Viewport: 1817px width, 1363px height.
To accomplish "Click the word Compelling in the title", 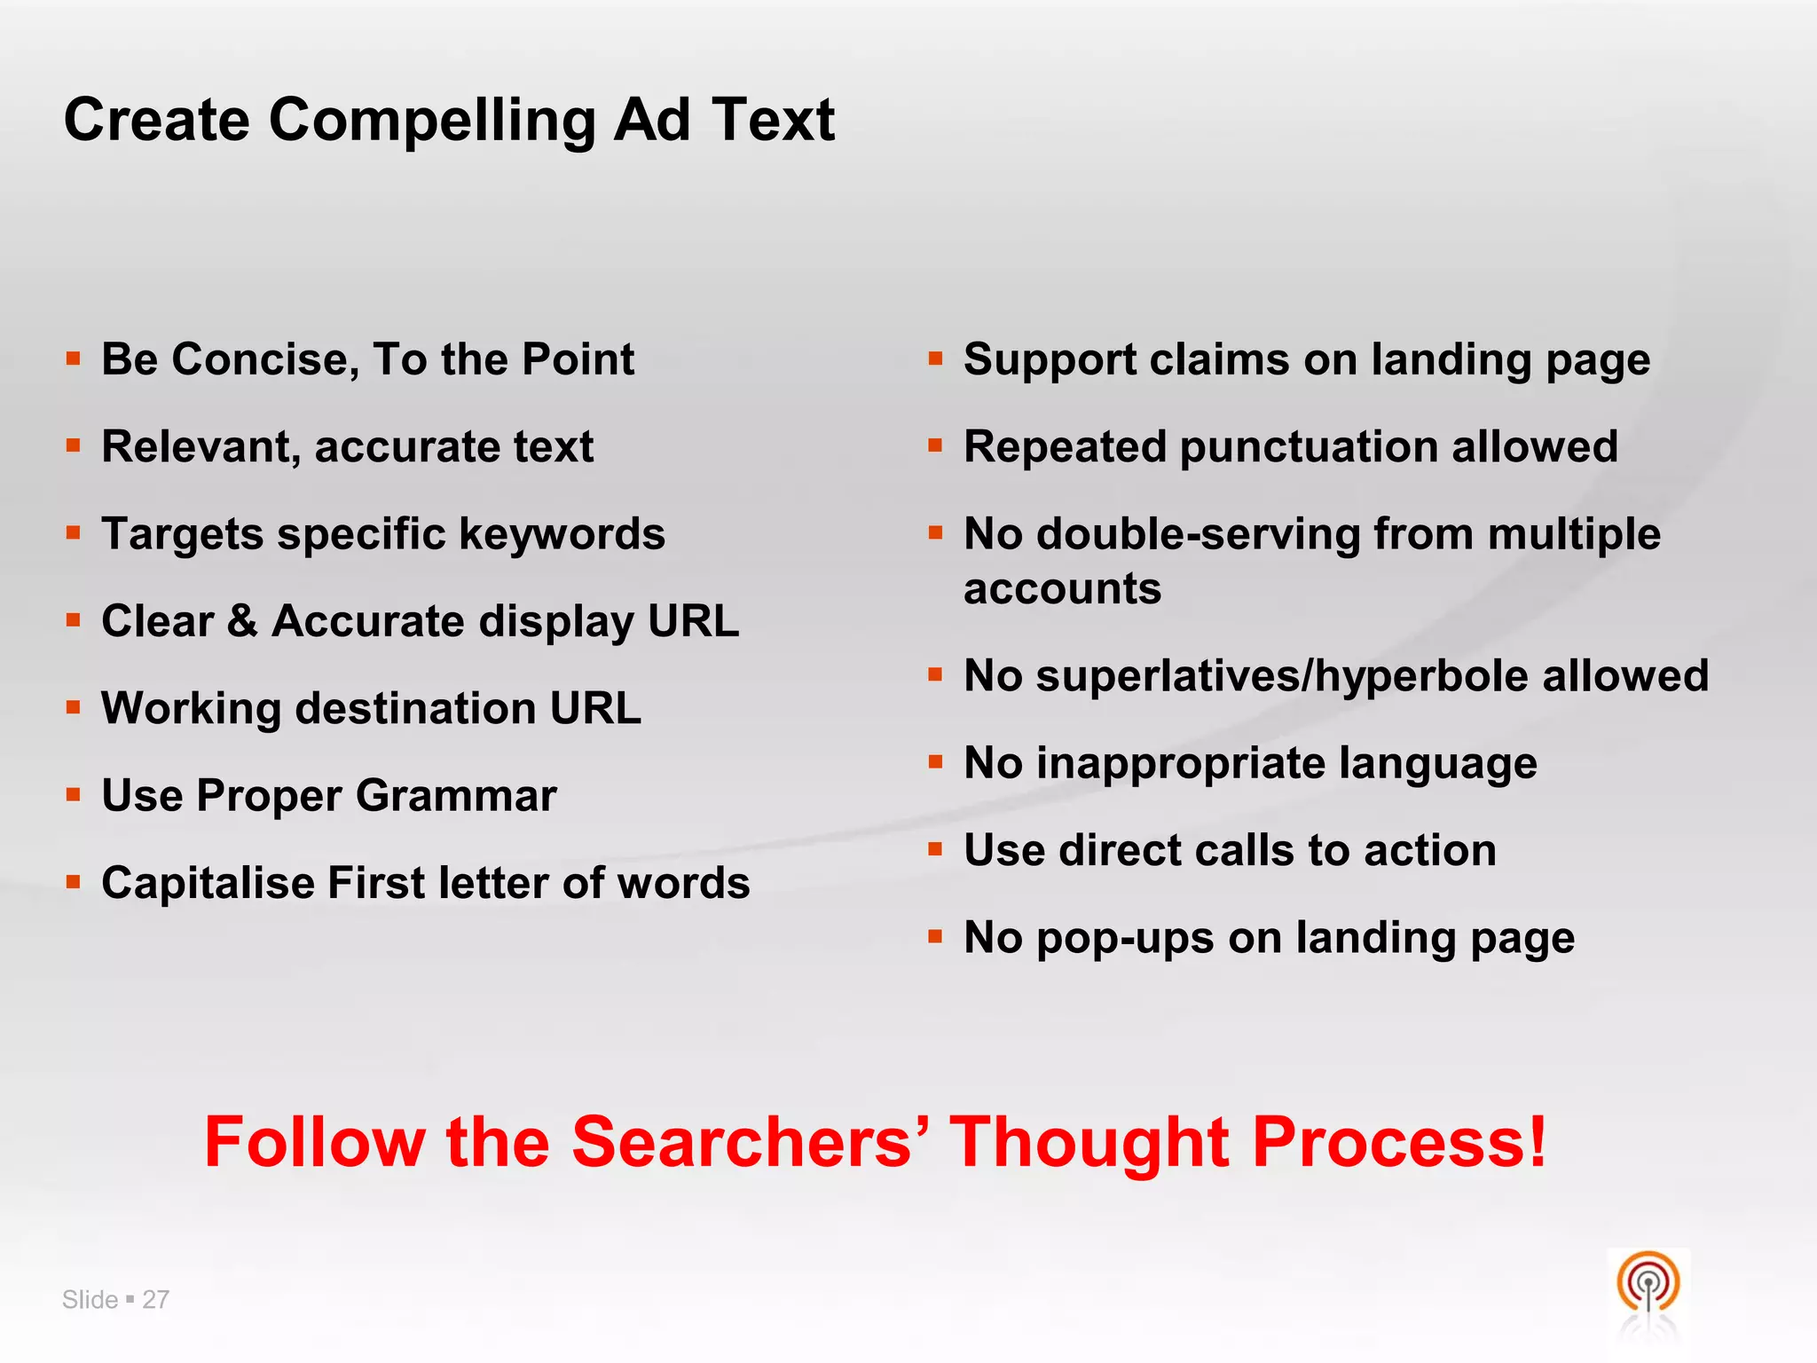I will [x=431, y=121].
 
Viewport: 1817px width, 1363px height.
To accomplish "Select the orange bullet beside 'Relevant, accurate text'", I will [x=74, y=445].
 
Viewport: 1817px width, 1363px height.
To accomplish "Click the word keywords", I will [x=562, y=534].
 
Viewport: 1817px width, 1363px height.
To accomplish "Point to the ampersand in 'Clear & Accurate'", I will [x=242, y=620].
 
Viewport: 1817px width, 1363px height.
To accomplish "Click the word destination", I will [x=415, y=708].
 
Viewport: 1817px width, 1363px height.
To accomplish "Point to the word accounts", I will [x=1062, y=589].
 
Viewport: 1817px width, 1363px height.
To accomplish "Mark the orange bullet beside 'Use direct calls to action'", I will [x=935, y=849].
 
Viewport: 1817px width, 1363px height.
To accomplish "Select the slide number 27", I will [x=155, y=1299].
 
